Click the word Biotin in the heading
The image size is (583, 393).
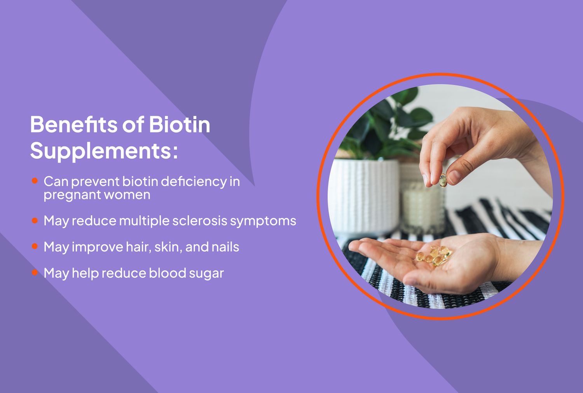tap(179, 125)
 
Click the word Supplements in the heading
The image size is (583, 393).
tap(100, 151)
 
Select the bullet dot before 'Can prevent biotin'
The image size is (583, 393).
tap(35, 181)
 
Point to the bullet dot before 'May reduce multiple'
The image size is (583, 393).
tap(35, 220)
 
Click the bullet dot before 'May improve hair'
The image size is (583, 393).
tap(35, 246)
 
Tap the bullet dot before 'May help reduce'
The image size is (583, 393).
tap(35, 273)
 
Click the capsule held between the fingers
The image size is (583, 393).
tap(443, 180)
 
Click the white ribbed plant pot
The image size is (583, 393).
tap(363, 194)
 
